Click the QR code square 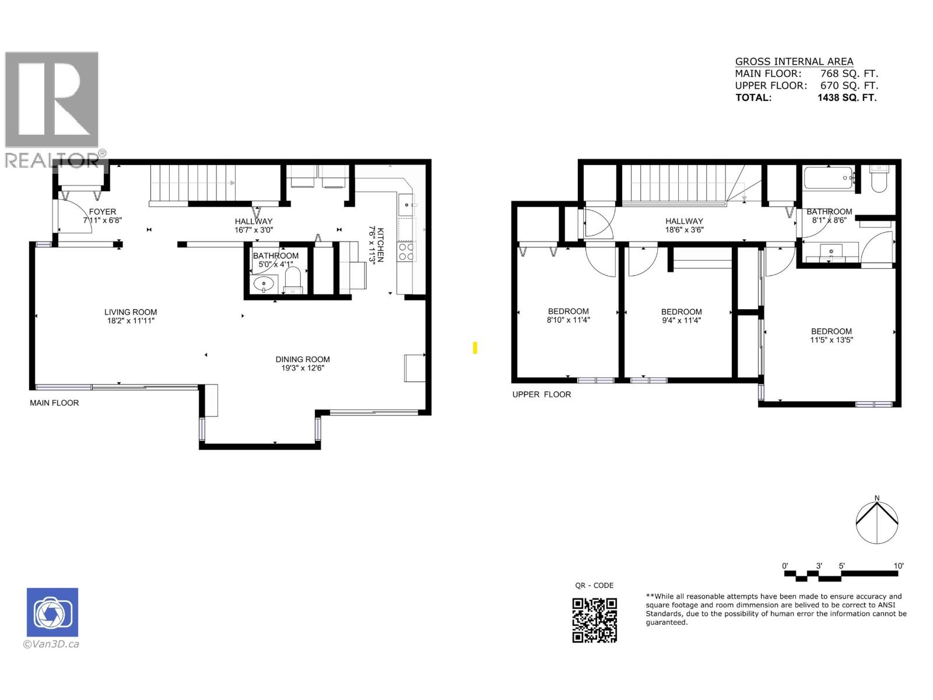coord(594,620)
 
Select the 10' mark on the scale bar coord(899,566)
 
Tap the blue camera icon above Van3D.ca coord(52,612)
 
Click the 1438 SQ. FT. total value coord(847,97)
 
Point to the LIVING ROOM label coord(131,312)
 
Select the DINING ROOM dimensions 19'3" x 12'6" coord(303,368)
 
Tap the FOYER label coord(103,212)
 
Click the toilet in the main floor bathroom coord(293,281)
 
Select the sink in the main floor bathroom coord(264,284)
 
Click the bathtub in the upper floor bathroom coord(828,177)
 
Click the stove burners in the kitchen coord(406,251)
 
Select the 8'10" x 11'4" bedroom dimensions coord(568,320)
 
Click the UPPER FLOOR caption coord(541,394)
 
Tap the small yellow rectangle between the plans coord(475,348)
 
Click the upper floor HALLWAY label coord(684,221)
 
